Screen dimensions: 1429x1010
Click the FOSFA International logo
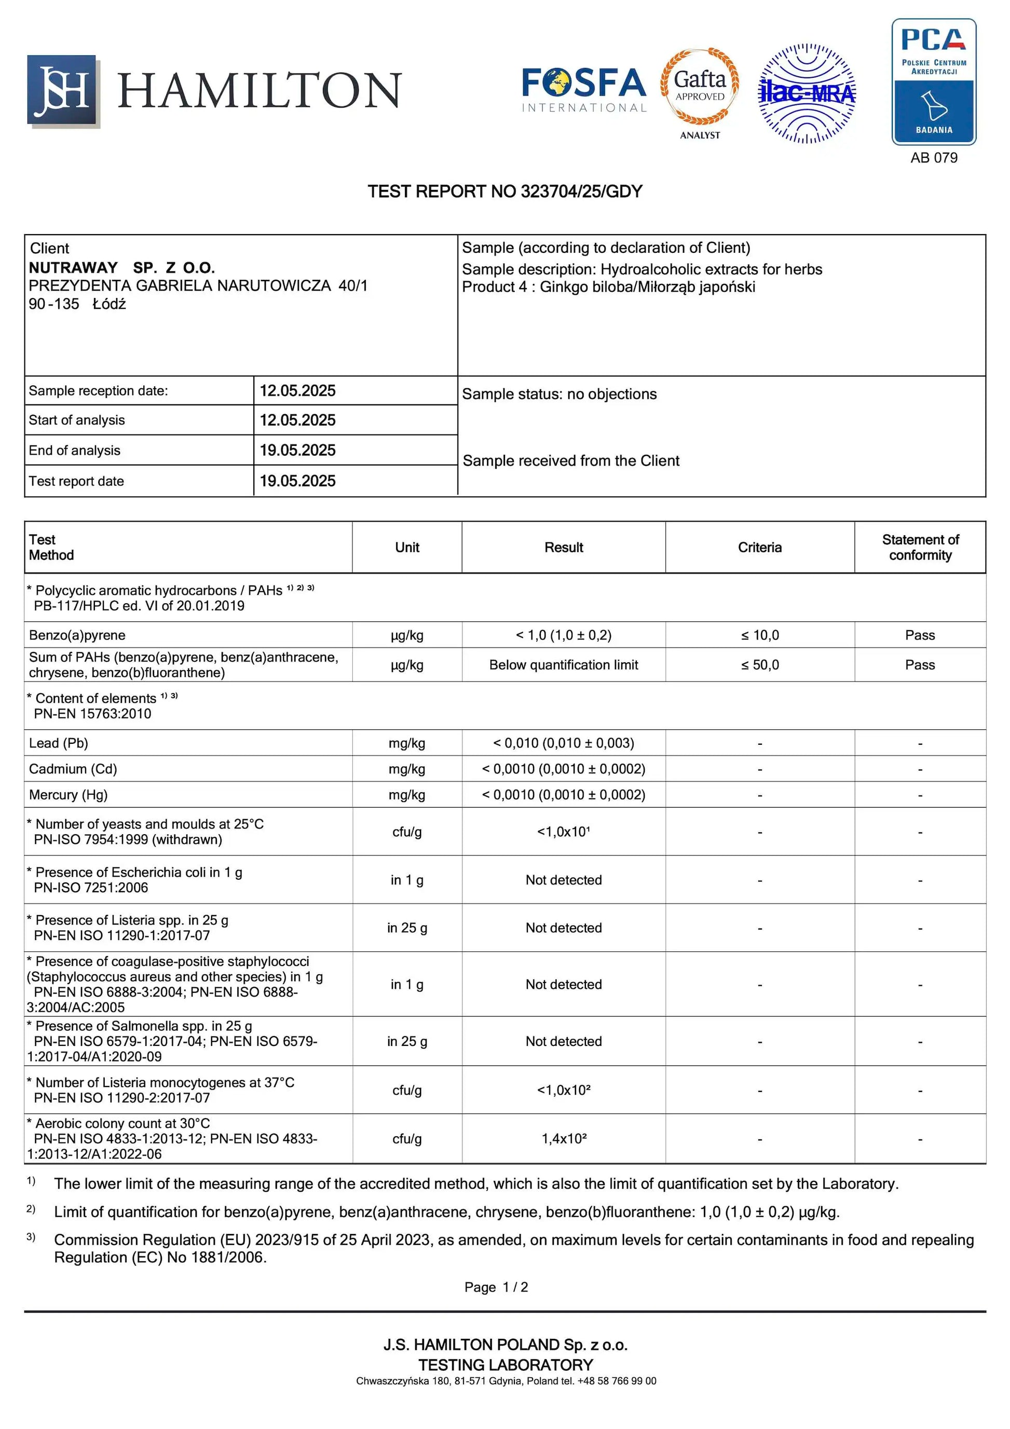[x=584, y=90]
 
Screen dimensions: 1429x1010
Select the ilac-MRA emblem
[x=807, y=93]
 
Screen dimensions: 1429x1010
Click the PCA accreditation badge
[x=934, y=81]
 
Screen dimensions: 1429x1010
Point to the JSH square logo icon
[x=62, y=90]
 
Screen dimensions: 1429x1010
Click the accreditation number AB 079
[x=934, y=157]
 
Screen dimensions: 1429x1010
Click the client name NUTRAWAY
[x=73, y=268]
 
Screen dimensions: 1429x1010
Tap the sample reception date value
[x=297, y=391]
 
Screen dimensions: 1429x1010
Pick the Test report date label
[x=76, y=481]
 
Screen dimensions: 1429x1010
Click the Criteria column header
[x=759, y=547]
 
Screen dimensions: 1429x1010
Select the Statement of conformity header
[x=920, y=547]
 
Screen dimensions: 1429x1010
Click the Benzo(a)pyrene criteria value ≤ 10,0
[x=759, y=635]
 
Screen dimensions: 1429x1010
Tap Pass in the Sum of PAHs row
[x=920, y=665]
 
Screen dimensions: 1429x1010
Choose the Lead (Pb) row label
[x=59, y=743]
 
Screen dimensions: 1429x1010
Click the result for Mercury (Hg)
[x=563, y=795]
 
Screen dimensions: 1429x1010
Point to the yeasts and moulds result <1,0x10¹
[x=563, y=832]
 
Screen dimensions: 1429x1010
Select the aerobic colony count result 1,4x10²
[x=563, y=1138]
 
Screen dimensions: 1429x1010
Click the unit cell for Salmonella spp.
[x=407, y=1041]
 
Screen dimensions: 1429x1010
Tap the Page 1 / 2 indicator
[x=496, y=1287]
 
